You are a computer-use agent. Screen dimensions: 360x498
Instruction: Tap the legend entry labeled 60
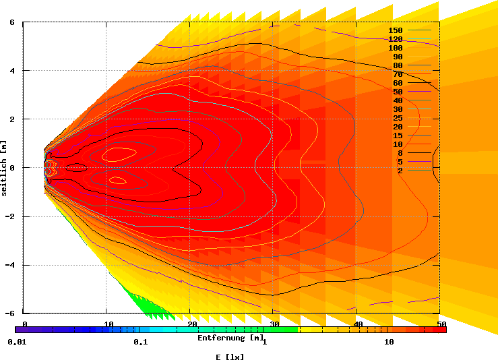398,83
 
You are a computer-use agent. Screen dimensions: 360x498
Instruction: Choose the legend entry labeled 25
398,118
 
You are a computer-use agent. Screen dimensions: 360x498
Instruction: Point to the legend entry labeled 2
400,171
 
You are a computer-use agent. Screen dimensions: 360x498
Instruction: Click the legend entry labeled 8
400,153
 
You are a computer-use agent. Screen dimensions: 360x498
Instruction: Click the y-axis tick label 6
12,22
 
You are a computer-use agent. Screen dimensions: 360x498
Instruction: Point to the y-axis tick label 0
12,168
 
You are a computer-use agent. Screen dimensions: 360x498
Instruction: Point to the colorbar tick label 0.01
16,342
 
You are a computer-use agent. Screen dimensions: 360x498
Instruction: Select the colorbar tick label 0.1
140,342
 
